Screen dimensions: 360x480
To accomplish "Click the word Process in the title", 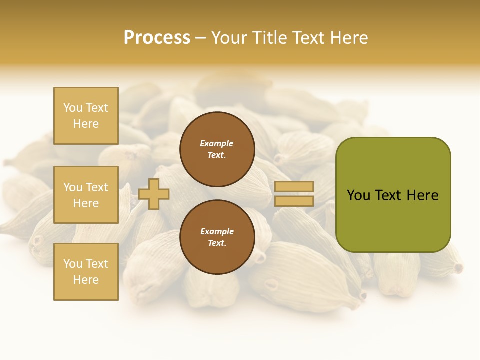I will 157,38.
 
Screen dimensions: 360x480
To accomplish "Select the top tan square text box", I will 86,116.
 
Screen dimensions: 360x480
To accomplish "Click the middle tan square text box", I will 86,195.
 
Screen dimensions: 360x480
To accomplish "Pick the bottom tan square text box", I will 86,272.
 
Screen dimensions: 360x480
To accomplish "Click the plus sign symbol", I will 154,194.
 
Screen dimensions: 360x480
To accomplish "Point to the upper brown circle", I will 217,149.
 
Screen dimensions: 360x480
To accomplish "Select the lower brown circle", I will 217,237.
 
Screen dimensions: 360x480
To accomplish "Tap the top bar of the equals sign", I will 294,186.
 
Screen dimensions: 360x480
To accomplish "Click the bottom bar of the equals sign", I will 294,201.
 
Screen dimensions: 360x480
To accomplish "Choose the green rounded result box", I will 393,195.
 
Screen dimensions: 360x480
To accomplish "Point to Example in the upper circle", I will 216,143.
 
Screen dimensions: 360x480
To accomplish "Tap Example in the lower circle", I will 216,231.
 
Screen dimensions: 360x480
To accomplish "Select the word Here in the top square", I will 86,124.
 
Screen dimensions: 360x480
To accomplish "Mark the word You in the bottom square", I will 73,264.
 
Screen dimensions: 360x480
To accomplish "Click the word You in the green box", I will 358,195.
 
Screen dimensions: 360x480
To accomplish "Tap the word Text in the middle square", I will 97,187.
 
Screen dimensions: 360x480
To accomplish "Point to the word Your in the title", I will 230,38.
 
